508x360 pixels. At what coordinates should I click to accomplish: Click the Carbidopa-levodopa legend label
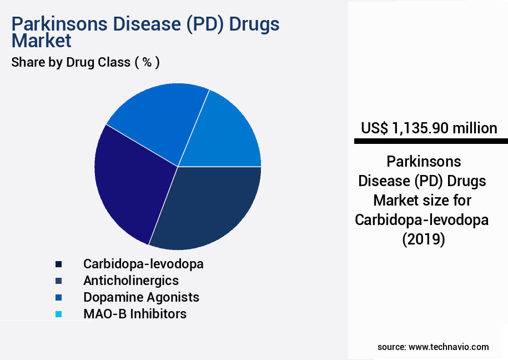point(143,264)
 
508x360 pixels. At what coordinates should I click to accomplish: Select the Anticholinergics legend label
point(131,281)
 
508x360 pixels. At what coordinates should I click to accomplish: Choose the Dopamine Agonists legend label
point(141,297)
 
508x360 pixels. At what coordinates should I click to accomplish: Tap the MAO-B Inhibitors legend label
point(135,314)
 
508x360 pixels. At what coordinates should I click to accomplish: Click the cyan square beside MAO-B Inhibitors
point(58,314)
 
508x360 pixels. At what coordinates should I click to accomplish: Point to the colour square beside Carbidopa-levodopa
point(58,264)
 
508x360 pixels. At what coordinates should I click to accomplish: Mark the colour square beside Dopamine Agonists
point(58,298)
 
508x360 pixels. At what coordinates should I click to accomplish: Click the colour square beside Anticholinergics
point(58,281)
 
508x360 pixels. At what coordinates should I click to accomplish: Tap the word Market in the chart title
point(41,41)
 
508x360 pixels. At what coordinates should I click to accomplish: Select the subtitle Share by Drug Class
point(85,62)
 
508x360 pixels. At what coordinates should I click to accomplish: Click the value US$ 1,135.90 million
point(429,128)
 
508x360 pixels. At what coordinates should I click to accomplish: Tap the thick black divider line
point(430,142)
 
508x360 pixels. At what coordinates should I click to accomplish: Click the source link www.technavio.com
point(449,347)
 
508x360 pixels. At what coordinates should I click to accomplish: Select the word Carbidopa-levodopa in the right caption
point(422,220)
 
